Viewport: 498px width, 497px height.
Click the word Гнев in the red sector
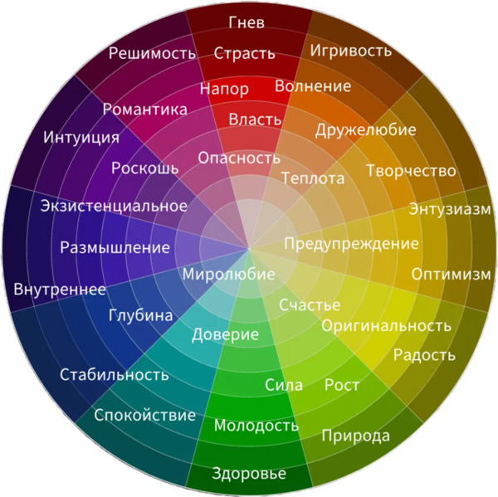247,22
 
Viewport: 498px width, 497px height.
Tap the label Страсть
244,53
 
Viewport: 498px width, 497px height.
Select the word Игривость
351,51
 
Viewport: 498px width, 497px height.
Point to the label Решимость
152,53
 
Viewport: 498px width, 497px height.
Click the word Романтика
145,110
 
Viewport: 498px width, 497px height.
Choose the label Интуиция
81,138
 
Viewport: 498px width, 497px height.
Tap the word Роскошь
144,168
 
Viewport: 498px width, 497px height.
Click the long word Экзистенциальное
114,206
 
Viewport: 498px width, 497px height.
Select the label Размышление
115,247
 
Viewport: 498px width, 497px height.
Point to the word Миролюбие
229,275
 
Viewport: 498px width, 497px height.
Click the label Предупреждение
352,244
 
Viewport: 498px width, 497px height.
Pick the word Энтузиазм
450,210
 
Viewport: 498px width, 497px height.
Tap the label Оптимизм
452,274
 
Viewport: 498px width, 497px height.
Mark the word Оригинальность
387,326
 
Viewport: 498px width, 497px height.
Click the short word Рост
342,385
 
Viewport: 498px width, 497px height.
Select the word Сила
284,385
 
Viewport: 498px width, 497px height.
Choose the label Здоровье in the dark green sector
249,474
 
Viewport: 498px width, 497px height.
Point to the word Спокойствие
144,415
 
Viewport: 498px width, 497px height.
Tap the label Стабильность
115,375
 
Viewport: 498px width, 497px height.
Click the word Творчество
412,171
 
